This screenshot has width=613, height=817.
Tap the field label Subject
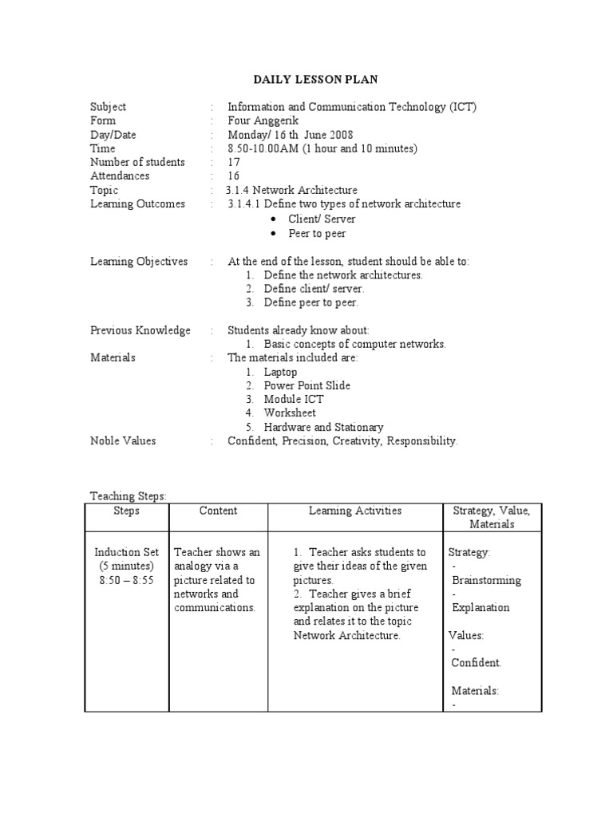click(108, 107)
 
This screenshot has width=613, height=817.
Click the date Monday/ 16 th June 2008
click(290, 135)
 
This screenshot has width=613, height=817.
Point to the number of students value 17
click(234, 162)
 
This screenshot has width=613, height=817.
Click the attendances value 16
click(234, 176)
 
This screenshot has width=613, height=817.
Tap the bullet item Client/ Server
click(322, 219)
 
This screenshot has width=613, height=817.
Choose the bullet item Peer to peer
click(317, 234)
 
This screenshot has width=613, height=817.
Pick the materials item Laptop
click(280, 372)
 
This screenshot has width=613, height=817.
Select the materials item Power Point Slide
click(307, 385)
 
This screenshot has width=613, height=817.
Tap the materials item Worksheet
click(290, 412)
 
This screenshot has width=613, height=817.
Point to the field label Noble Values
click(123, 440)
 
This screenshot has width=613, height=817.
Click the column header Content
click(218, 511)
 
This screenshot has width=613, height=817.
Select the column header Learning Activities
click(355, 511)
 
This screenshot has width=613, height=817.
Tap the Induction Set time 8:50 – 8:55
click(127, 580)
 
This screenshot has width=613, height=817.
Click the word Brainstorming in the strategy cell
click(486, 580)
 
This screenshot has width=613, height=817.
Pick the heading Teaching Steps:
click(128, 496)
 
